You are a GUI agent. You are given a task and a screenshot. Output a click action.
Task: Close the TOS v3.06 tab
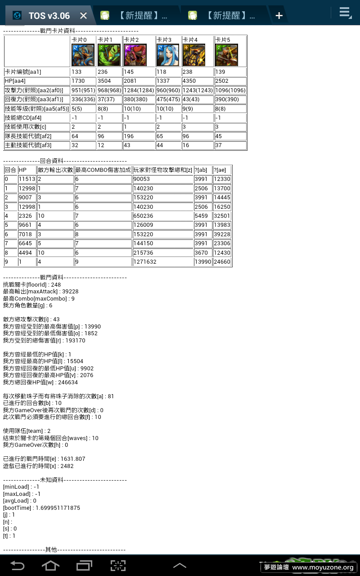(83, 16)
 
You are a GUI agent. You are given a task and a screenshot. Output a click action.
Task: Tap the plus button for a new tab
(279, 16)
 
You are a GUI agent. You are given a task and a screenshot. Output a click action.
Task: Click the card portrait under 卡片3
(168, 55)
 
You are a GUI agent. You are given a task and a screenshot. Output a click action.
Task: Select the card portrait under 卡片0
(83, 55)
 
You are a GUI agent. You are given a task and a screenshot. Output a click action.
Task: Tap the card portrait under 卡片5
(226, 55)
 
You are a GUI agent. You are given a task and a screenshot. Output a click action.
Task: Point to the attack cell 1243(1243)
(198, 90)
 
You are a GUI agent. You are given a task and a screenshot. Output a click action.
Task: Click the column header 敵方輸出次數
(55, 170)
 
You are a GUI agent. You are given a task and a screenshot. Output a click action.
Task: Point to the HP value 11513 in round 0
(27, 179)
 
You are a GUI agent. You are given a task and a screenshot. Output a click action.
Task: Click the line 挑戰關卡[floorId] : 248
(32, 285)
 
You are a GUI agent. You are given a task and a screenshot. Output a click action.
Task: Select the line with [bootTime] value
(41, 508)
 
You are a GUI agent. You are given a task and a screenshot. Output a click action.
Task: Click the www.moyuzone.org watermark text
(323, 567)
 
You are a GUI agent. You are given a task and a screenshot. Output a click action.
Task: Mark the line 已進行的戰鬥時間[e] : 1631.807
(44, 459)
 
